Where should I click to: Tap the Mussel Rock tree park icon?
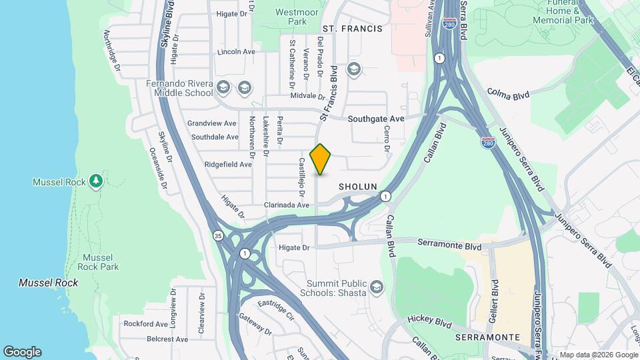click(97, 181)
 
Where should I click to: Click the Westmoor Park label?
click(291, 17)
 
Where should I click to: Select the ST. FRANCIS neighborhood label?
click(352, 29)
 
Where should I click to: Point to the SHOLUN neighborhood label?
click(358, 187)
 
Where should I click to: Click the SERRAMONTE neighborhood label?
click(487, 337)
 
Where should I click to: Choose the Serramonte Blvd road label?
click(449, 246)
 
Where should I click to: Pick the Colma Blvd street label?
click(508, 94)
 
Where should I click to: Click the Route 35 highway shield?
click(218, 235)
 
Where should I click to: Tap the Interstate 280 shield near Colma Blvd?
click(487, 143)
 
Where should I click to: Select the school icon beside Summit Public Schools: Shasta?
click(376, 287)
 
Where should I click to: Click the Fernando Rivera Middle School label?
click(180, 89)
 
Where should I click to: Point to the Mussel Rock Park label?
click(98, 262)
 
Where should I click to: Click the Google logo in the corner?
click(22, 352)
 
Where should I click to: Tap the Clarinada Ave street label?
click(287, 205)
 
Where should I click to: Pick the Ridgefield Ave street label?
click(228, 164)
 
